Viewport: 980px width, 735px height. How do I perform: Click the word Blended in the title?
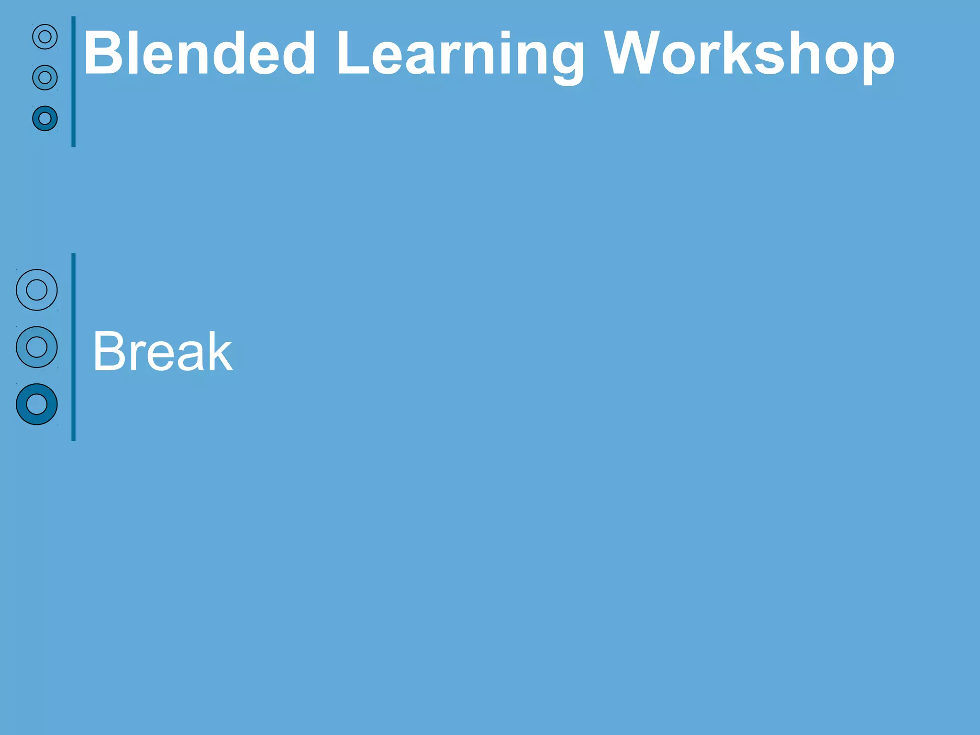point(199,54)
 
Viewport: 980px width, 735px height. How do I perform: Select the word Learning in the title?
point(459,55)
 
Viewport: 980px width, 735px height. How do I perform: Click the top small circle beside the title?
point(45,37)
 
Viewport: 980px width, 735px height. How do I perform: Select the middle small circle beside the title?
point(45,78)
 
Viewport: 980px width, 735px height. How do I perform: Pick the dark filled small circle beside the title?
point(45,118)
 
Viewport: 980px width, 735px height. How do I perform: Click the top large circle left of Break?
point(37,290)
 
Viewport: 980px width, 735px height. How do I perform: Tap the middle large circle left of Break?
point(37,347)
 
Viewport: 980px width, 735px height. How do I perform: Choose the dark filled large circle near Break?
point(37,404)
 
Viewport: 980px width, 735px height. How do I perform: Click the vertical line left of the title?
point(73,81)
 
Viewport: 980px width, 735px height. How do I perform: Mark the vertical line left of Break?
point(73,347)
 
